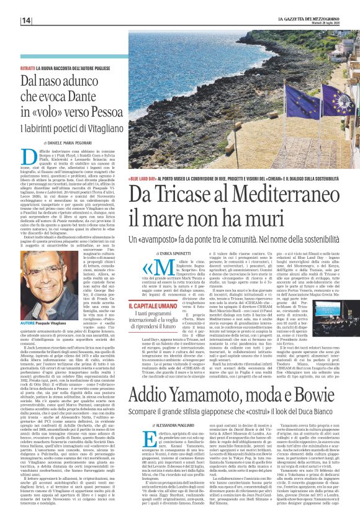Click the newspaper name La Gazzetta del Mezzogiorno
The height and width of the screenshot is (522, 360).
[308, 19]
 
